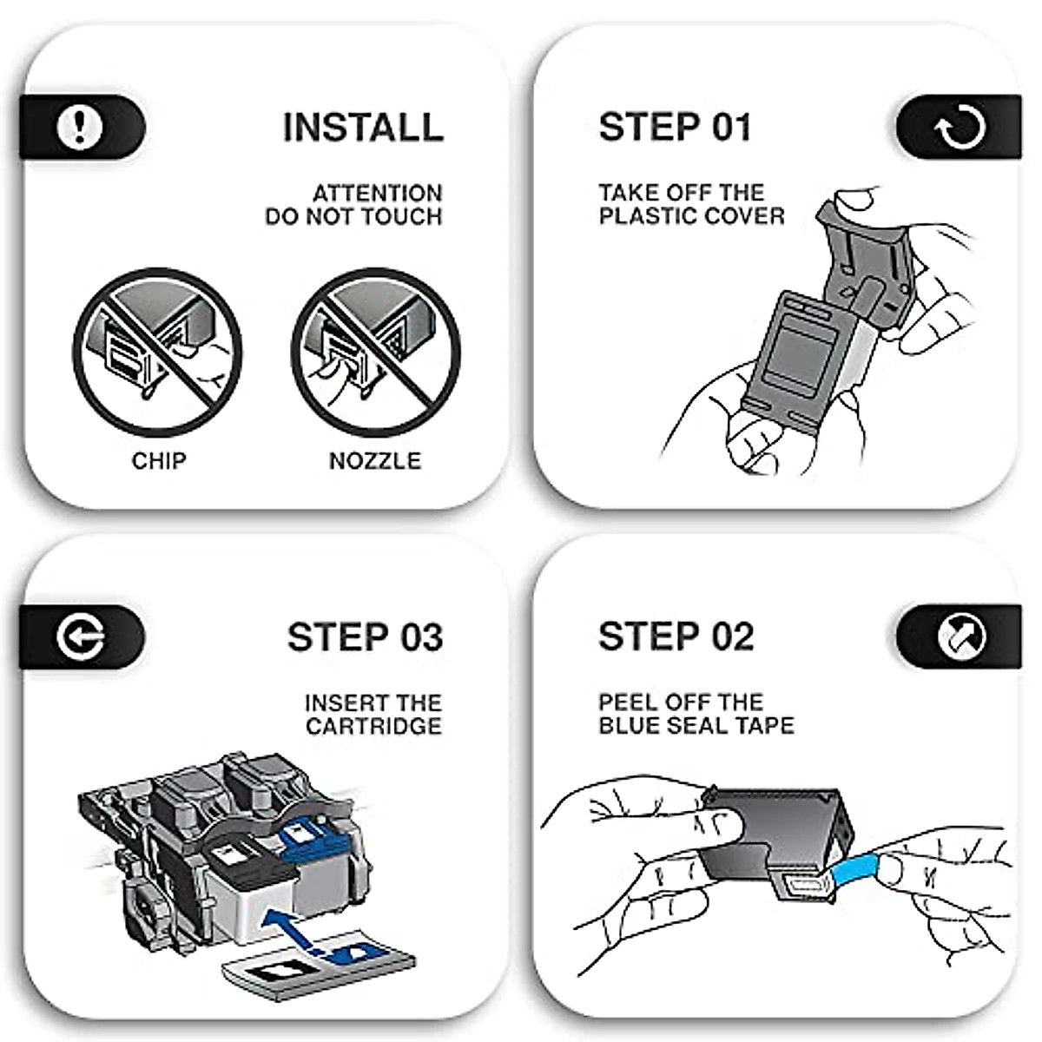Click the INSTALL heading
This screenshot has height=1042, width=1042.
363,127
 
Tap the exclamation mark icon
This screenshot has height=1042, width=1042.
80,127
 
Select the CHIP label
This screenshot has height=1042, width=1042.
159,460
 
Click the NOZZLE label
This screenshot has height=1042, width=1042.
375,460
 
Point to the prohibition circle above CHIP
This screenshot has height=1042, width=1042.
157,352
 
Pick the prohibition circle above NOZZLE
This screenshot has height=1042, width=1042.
376,352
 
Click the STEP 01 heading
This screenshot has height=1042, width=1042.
675,127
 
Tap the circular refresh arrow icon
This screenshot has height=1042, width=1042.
960,128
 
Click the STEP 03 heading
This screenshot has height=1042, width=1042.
365,636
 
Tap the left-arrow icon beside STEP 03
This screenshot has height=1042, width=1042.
81,637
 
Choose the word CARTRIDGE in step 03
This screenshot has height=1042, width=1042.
373,726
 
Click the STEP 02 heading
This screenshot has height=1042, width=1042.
676,636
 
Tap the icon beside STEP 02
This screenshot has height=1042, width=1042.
961,637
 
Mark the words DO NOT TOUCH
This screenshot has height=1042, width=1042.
353,216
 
